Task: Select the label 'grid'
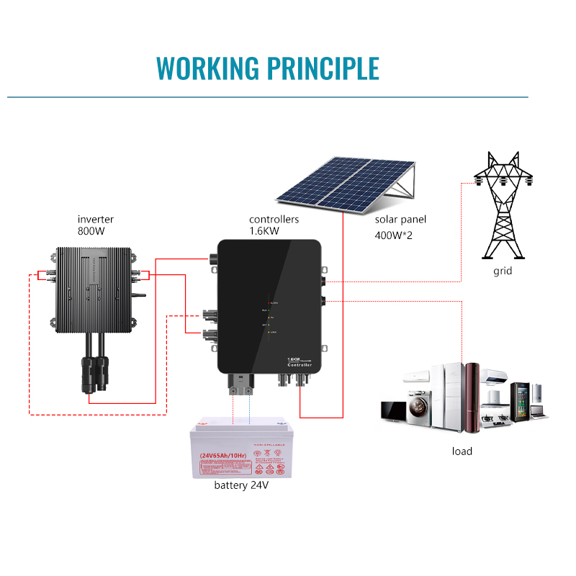click(503, 272)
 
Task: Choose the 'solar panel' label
click(401, 220)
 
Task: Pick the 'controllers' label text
click(274, 220)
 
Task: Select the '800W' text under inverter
click(92, 232)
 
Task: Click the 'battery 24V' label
click(241, 485)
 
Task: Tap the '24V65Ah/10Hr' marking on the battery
click(220, 455)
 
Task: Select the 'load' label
click(462, 451)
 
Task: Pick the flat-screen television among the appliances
click(394, 410)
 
